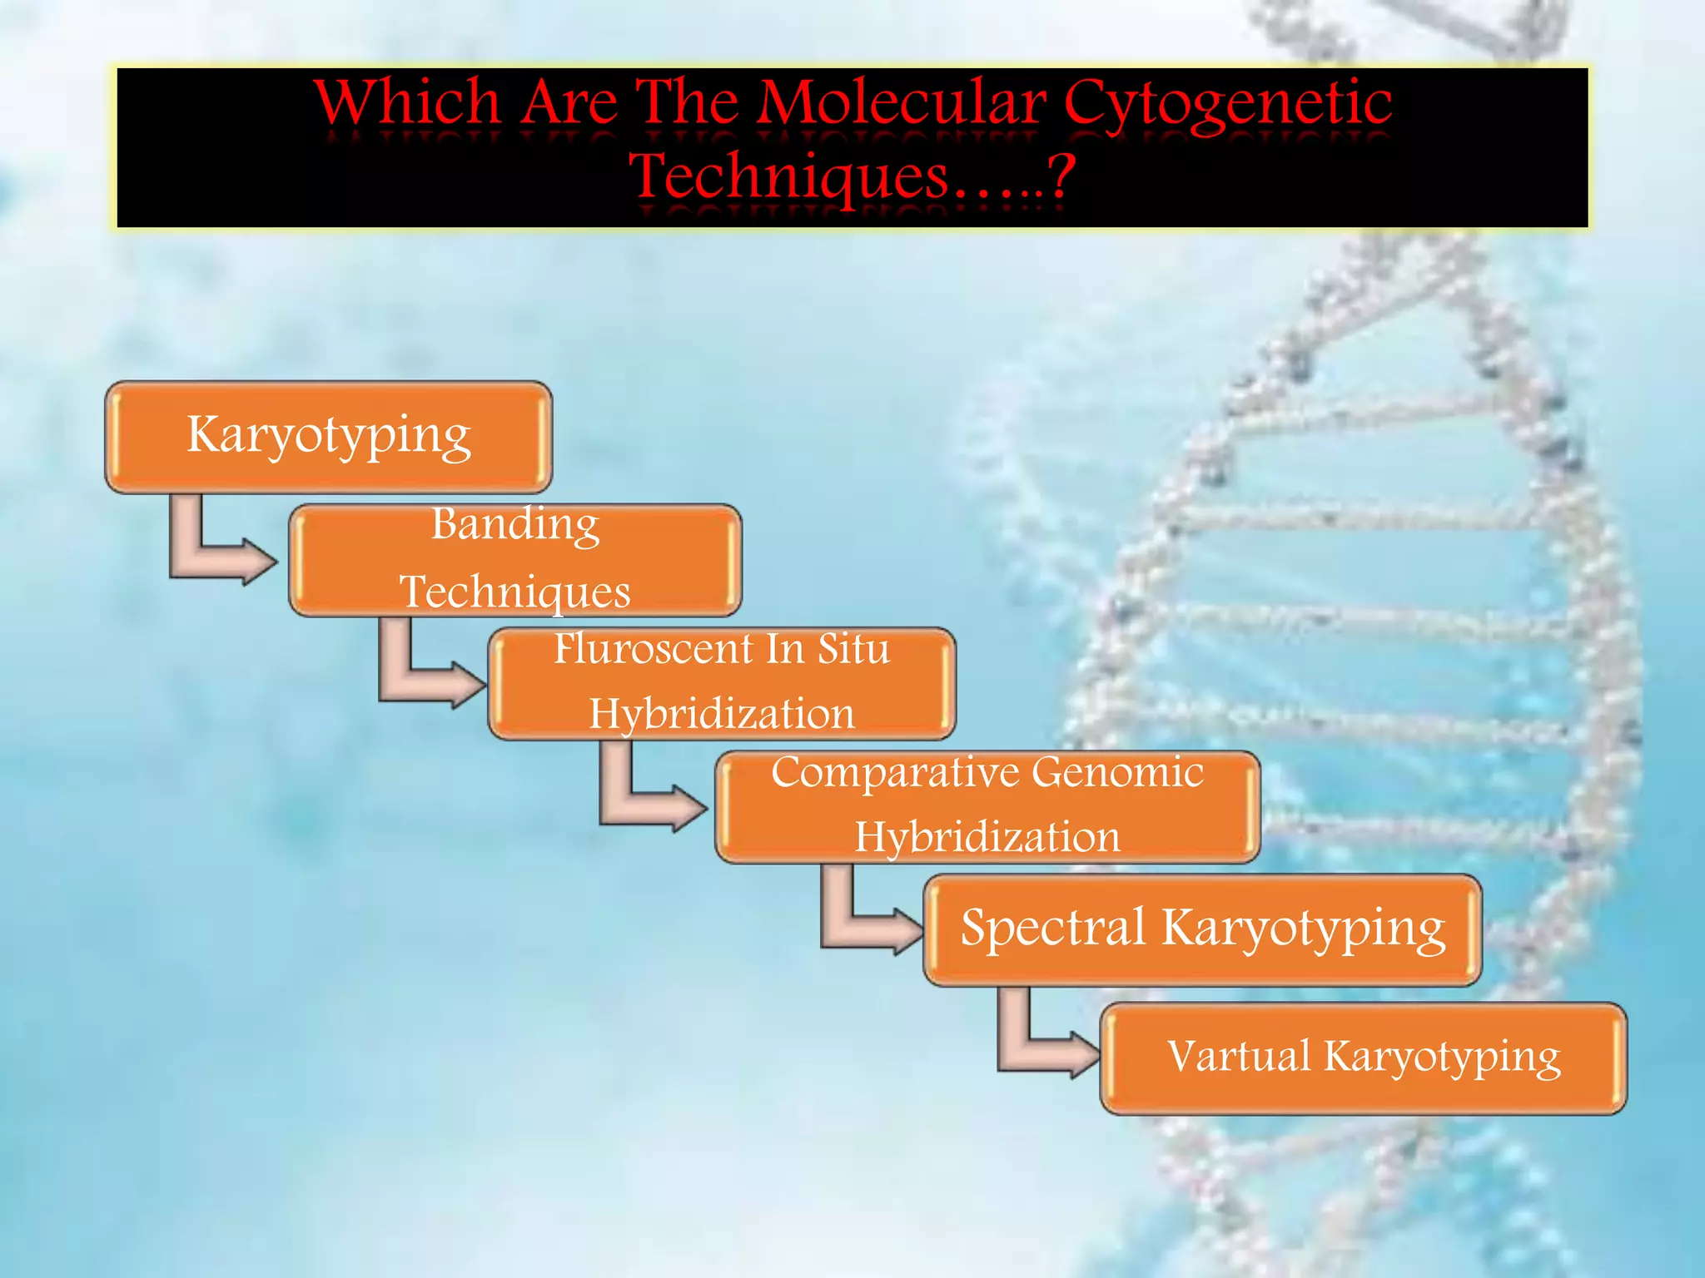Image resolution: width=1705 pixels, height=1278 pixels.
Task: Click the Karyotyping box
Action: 328,437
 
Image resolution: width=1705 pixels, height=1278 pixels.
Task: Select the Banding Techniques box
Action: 514,560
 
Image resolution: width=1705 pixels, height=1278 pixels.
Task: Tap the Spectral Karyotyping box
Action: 1202,929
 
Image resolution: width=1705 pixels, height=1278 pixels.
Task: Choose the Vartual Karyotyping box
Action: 1363,1058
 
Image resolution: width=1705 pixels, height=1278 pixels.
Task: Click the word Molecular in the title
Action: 902,103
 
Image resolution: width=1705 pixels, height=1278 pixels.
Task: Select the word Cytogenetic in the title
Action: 1227,105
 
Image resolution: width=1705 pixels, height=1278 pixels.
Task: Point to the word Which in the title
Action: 408,103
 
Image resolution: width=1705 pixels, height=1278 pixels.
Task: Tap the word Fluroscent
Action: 654,649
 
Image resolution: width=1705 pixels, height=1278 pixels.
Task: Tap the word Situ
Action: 853,649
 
